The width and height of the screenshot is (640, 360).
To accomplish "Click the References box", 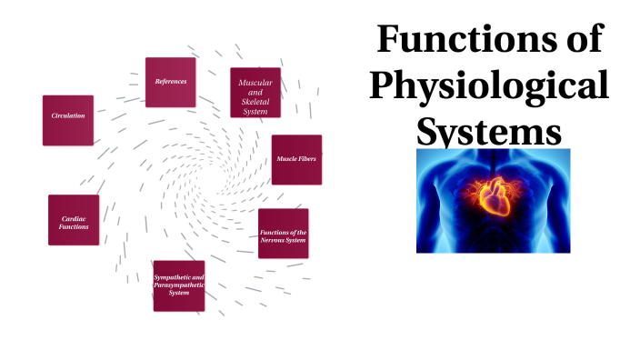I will coord(171,82).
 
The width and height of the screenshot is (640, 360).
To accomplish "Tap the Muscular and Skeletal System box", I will coord(255,92).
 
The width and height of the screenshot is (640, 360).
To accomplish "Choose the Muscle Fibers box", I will coord(296,159).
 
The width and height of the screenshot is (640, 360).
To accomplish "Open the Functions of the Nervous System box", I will coord(283,234).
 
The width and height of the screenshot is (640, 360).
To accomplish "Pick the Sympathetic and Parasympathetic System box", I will coord(179,285).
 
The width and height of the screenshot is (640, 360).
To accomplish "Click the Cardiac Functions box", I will coord(74,220).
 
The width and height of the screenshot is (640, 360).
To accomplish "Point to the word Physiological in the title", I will coord(491,86).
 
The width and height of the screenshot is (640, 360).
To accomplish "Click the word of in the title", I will coord(579,41).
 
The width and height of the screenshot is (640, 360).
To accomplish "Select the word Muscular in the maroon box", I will coord(255,83).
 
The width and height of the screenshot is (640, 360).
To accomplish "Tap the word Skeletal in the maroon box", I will coord(255,102).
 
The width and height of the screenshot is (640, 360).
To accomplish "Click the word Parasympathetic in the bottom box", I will coord(179,285).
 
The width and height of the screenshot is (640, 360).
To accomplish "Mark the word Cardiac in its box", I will coord(74,219).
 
